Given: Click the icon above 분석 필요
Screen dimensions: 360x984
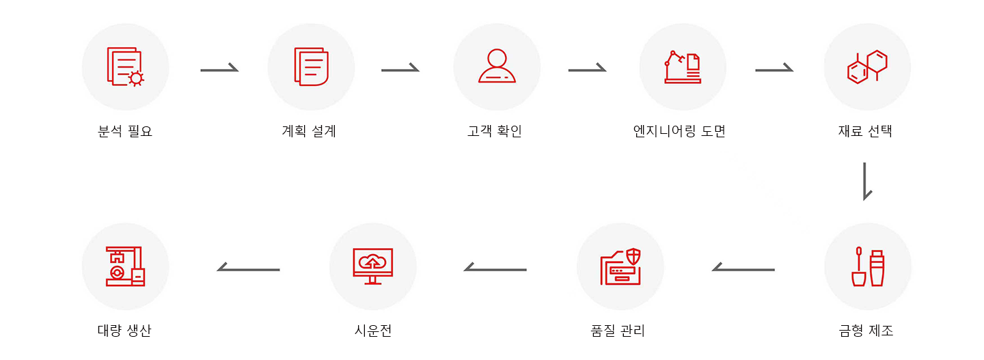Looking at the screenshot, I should tap(125, 67).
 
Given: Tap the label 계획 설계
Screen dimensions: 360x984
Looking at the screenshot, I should tap(309, 131).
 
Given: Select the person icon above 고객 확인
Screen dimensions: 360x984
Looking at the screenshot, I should tap(497, 67).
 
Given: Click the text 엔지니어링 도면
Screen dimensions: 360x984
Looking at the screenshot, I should tap(679, 131).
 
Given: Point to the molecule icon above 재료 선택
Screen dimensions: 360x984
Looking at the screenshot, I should tap(867, 67).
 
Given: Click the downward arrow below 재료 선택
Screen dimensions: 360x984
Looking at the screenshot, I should tap(866, 181).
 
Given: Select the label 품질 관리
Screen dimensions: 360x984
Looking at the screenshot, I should tap(618, 331).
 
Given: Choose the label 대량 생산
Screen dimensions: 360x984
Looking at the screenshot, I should tap(124, 331).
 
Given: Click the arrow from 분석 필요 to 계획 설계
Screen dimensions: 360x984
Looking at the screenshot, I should tap(219, 69).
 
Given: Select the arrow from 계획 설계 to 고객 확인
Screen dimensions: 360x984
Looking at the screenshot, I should tap(400, 69).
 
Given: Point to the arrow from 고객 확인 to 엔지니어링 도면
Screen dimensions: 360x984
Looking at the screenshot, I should tap(586, 69).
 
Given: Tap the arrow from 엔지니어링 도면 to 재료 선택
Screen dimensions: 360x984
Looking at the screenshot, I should tap(774, 69).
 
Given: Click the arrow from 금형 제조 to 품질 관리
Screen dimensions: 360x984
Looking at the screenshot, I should tap(743, 269).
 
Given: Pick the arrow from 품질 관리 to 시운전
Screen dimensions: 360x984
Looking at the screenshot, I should tap(495, 269).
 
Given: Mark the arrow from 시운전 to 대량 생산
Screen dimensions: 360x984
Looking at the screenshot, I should tap(248, 269).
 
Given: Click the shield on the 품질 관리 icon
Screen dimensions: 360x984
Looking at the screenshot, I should tap(633, 257).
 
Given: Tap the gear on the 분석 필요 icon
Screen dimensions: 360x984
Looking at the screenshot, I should tap(136, 78).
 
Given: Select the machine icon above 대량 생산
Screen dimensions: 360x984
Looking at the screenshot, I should tap(125, 266).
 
